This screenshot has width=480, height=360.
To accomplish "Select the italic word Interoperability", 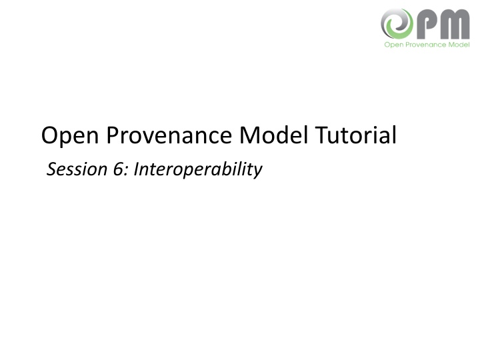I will [197, 171].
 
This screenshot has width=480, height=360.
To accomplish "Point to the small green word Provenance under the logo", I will [423, 45].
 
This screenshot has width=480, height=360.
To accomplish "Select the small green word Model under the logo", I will [459, 45].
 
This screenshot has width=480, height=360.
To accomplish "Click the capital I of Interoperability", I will [136, 170].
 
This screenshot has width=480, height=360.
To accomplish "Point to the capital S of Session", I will [52, 170].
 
